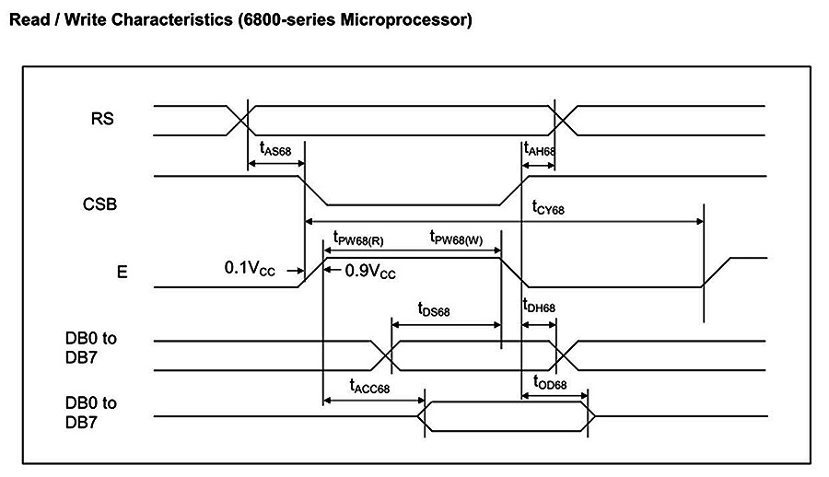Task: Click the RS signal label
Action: point(103,118)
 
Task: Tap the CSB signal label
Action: point(100,204)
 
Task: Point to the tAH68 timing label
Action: point(539,148)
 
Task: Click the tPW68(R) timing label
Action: point(358,238)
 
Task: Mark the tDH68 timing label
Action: point(539,307)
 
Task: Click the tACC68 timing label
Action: point(369,387)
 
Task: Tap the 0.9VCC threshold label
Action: point(370,272)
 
